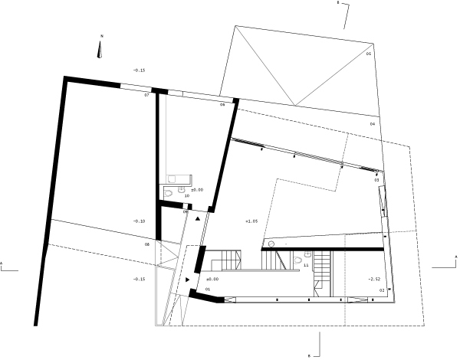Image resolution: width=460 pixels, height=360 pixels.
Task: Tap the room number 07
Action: pyautogui.click(x=146, y=95)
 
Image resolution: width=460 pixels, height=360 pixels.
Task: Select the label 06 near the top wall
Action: pyautogui.click(x=222, y=104)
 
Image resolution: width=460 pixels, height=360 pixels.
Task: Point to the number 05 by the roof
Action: pyautogui.click(x=368, y=54)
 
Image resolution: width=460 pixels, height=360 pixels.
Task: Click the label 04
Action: pyautogui.click(x=373, y=123)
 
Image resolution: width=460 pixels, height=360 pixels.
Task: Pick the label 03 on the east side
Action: pyautogui.click(x=376, y=180)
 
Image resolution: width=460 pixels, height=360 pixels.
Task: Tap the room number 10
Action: pyautogui.click(x=186, y=196)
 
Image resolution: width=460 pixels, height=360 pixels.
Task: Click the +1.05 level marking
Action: pyautogui.click(x=250, y=221)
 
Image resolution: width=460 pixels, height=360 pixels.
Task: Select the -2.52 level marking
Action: pyautogui.click(x=373, y=279)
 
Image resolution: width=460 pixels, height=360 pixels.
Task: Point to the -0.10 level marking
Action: pyautogui.click(x=139, y=221)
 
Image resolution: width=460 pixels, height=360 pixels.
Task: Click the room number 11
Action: pyautogui.click(x=306, y=265)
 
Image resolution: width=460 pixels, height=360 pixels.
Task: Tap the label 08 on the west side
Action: pyautogui.click(x=146, y=244)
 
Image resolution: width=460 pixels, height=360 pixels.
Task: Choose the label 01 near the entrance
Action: pyautogui.click(x=207, y=289)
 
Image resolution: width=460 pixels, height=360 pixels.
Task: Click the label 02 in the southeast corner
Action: pyautogui.click(x=381, y=291)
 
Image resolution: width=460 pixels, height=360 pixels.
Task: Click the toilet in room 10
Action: pyautogui.click(x=181, y=189)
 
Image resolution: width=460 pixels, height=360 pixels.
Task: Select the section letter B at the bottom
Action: pyautogui.click(x=308, y=355)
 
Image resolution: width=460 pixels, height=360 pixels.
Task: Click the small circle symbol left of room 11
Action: pyautogui.click(x=271, y=244)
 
